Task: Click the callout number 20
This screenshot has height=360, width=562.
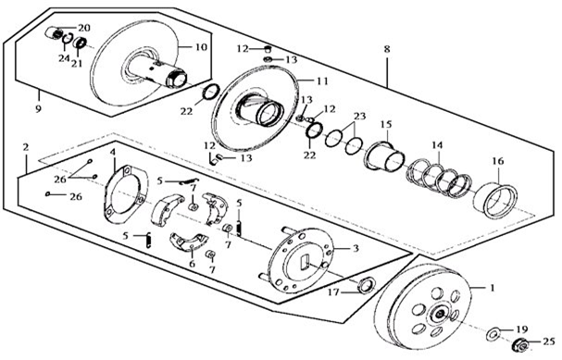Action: (x=84, y=28)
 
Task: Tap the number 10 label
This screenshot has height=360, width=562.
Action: (x=201, y=47)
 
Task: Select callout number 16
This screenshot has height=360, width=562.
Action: (x=498, y=161)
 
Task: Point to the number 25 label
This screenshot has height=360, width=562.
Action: (x=548, y=342)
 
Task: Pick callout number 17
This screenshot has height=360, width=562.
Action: (x=333, y=292)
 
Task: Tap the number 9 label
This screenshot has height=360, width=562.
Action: (x=38, y=108)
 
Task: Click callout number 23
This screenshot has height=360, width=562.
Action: (x=359, y=116)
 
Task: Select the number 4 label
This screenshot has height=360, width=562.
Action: (x=113, y=153)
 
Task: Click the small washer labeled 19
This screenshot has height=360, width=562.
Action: (x=493, y=335)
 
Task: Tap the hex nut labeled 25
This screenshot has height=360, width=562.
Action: (x=519, y=345)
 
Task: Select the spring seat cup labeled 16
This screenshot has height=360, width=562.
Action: (x=495, y=200)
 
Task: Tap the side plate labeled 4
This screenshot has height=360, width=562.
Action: (x=125, y=194)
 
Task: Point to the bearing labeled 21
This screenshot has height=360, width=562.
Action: (x=80, y=43)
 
